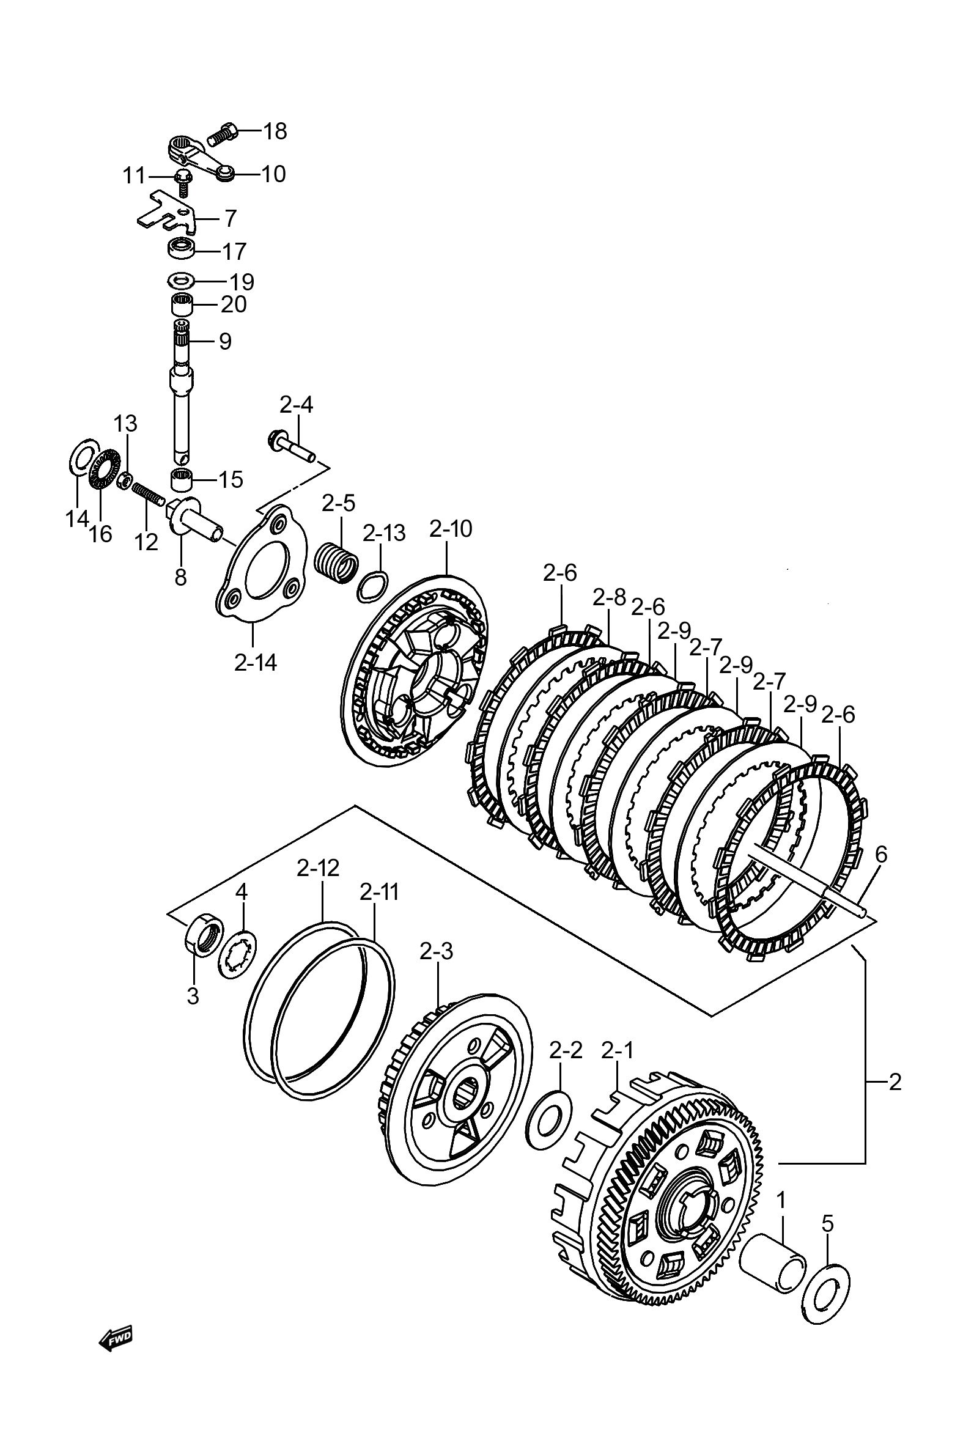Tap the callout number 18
click(x=275, y=131)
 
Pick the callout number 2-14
click(x=256, y=663)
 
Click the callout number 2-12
click(x=318, y=868)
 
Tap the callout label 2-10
click(x=451, y=529)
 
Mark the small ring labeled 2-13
click(x=372, y=585)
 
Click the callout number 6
click(x=880, y=854)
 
